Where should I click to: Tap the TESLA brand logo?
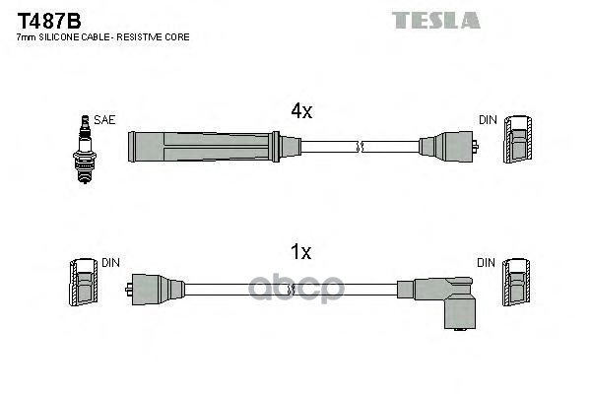(435, 20)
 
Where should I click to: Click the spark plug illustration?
(85, 149)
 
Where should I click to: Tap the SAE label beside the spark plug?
(106, 119)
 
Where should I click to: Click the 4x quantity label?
(300, 112)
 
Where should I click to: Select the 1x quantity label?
(300, 253)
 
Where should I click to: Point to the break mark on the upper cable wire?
(361, 148)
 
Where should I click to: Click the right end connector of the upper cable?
(449, 147)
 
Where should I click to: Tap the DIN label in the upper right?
(489, 119)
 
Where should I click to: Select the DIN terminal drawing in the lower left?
(86, 286)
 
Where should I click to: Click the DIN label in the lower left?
(111, 263)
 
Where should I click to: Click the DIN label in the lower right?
(487, 263)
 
